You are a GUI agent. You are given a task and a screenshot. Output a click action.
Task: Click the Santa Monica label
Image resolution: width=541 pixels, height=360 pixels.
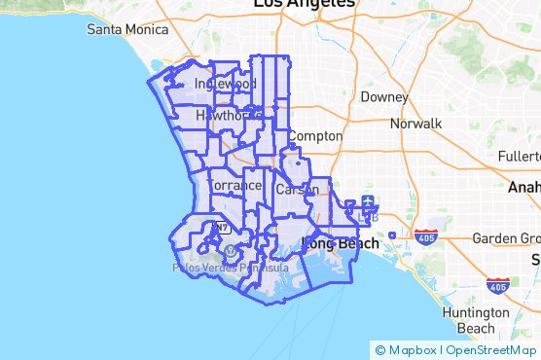point(126,29)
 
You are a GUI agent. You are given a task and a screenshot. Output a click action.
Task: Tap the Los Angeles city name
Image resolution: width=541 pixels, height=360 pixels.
point(304,5)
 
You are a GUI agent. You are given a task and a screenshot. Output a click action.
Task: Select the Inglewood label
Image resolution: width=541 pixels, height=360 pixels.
point(218,85)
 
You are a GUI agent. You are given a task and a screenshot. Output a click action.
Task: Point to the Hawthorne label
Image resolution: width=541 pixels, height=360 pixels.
point(228,115)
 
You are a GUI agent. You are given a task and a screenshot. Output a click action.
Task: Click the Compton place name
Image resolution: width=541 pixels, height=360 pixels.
point(316,136)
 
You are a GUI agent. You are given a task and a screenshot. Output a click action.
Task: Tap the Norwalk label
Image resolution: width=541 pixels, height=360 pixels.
point(415,124)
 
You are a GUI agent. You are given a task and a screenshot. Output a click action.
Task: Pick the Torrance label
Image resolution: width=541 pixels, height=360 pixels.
point(235,184)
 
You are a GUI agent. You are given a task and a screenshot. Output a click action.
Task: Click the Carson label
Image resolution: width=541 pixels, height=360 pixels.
point(296,189)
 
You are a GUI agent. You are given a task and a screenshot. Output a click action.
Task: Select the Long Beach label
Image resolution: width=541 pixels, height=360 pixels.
point(342,243)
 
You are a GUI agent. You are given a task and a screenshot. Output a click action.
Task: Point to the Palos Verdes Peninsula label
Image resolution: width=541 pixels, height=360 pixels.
point(230,267)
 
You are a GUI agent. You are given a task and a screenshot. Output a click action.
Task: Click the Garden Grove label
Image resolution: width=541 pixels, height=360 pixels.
point(507,238)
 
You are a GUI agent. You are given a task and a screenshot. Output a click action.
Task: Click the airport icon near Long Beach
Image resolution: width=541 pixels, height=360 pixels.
point(369,202)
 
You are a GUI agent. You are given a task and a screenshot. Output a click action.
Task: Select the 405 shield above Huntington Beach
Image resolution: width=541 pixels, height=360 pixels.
point(497,286)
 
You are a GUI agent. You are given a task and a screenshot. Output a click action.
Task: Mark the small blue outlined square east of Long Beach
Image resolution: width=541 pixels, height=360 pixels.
point(391,234)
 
